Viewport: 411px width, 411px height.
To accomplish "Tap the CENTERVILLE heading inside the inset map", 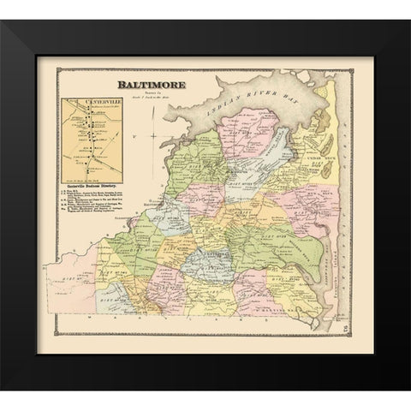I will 89,105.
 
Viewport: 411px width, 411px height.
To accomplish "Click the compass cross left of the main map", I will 151,133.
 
